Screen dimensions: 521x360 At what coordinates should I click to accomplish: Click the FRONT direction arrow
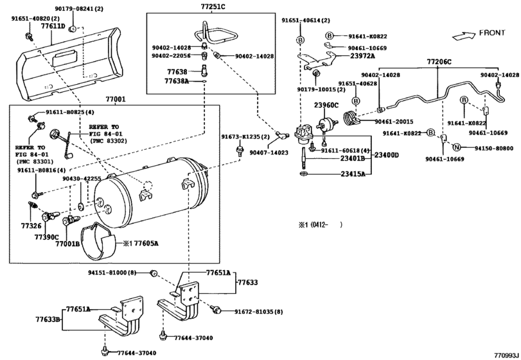coord(464,35)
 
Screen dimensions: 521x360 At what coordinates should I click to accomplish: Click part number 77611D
coord(53,26)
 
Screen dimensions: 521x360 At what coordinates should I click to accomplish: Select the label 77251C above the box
coord(213,6)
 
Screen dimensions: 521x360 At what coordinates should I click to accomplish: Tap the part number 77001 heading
coord(116,99)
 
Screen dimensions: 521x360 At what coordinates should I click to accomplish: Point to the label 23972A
coord(362,56)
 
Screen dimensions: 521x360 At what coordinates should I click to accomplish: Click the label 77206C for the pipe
coord(439,62)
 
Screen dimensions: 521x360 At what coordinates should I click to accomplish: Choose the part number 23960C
coord(326,105)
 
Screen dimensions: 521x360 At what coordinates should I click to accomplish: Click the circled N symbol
coord(457,148)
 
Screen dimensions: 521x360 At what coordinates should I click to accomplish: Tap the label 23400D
coord(387,155)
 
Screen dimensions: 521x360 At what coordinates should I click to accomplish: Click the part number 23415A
coord(353,174)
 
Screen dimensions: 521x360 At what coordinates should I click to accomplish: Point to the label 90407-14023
coord(269,152)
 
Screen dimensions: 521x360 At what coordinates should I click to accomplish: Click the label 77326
coord(31,226)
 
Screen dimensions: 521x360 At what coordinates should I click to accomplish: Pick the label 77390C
coord(46,237)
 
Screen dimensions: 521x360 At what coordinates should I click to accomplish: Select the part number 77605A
coord(146,244)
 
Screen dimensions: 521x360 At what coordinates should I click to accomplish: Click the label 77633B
coord(48,319)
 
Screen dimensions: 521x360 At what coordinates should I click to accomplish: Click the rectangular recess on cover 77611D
coord(66,58)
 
